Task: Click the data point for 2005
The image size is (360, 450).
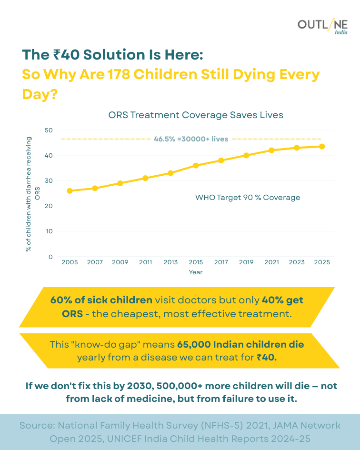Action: coord(70,191)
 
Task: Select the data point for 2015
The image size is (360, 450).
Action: coord(196,165)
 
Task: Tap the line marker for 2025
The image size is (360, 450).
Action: coord(322,147)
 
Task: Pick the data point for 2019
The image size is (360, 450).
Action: coord(246,155)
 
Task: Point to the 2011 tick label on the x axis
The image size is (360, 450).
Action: coord(145,262)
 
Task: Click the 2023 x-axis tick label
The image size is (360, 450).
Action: coord(297,262)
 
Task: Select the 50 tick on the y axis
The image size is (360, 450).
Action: coord(48,130)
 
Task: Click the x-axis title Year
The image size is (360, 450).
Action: coord(195,272)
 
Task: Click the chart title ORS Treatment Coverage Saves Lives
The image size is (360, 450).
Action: coord(196,115)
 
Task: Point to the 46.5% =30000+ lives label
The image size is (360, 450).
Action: coord(191,139)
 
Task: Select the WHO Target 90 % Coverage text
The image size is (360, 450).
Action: coord(248,197)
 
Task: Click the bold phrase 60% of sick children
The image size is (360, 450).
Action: coord(101,300)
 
